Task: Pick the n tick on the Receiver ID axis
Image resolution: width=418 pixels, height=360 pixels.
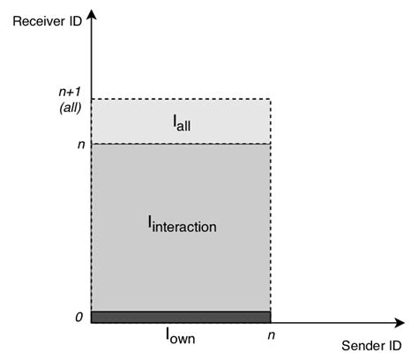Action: [x=80, y=143]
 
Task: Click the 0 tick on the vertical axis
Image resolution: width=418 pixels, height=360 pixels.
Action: [x=79, y=316]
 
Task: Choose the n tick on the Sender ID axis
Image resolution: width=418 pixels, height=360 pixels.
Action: [x=270, y=336]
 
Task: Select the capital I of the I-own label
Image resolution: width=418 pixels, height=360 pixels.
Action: [x=168, y=334]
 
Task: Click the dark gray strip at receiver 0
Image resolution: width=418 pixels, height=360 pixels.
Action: [x=180, y=316]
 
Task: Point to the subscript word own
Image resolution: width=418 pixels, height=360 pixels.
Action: [x=183, y=338]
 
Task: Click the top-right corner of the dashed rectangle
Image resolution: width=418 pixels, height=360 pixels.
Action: [x=270, y=100]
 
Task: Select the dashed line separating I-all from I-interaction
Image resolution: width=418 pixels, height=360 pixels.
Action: [x=220, y=143]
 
